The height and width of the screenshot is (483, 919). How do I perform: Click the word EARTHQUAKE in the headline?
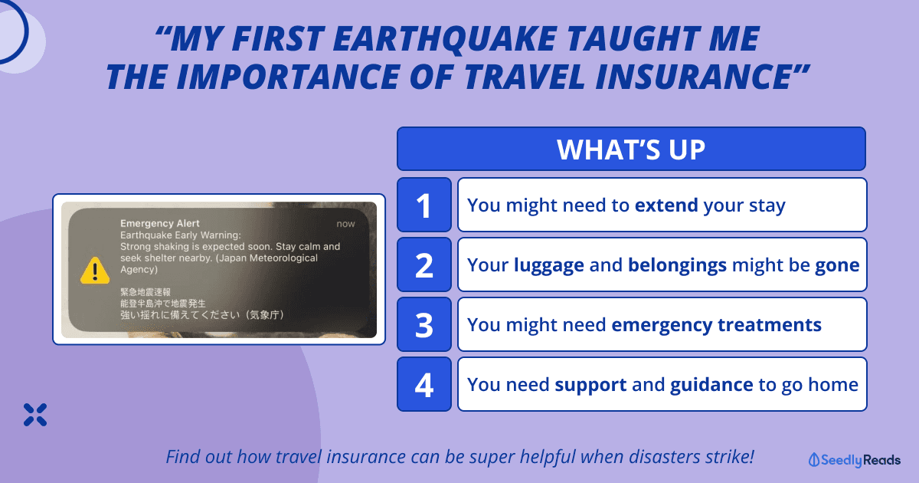pyautogui.click(x=445, y=39)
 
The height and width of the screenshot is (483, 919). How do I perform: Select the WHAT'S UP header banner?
pyautogui.click(x=631, y=149)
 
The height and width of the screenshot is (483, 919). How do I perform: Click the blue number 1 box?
pyautogui.click(x=424, y=205)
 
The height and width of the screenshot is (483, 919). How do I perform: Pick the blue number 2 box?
pyautogui.click(x=424, y=264)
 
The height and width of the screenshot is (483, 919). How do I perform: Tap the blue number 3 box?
pyautogui.click(x=424, y=324)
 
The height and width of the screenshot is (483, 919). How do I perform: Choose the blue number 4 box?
pyautogui.click(x=424, y=384)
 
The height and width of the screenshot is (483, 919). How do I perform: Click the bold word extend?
pyautogui.click(x=666, y=205)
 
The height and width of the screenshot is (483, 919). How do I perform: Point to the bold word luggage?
pyautogui.click(x=548, y=266)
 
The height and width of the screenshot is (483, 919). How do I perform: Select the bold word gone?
pyautogui.click(x=837, y=266)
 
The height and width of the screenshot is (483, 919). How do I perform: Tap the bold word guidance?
pyautogui.click(x=711, y=385)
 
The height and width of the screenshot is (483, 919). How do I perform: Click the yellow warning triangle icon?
pyautogui.click(x=95, y=271)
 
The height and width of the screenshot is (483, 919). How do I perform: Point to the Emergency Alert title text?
pyautogui.click(x=159, y=223)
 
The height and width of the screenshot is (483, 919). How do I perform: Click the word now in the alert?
pyautogui.click(x=345, y=224)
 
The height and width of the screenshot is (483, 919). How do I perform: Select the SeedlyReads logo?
pyautogui.click(x=854, y=460)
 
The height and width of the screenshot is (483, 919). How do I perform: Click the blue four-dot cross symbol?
pyautogui.click(x=35, y=415)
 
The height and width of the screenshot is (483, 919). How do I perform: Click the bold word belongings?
pyautogui.click(x=677, y=266)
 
